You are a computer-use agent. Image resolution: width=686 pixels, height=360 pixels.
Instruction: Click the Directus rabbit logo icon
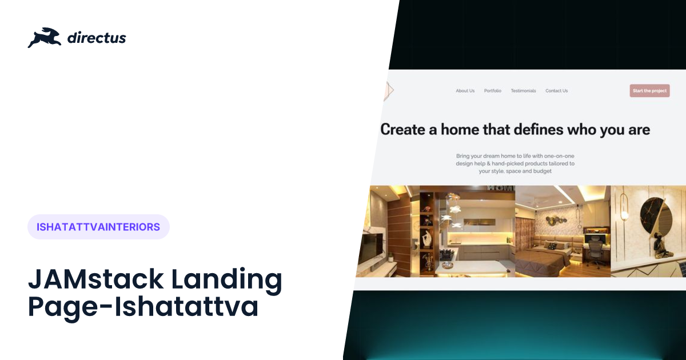coord(45,38)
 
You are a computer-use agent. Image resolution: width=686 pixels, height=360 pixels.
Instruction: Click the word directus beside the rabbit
coord(97,38)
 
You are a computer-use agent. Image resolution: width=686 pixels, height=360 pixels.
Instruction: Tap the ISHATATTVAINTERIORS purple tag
coord(98,227)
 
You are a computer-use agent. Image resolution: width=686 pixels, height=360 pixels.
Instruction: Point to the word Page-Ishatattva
coord(143,307)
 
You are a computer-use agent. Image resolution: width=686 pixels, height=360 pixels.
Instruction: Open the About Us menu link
coord(465,91)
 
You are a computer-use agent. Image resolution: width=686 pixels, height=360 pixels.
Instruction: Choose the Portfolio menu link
coord(493,91)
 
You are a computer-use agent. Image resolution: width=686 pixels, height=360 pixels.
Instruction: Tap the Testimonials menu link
coord(523,91)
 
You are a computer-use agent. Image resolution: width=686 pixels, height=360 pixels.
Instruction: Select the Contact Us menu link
coord(556,91)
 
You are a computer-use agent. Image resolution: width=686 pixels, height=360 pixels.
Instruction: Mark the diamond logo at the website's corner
coord(389,91)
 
